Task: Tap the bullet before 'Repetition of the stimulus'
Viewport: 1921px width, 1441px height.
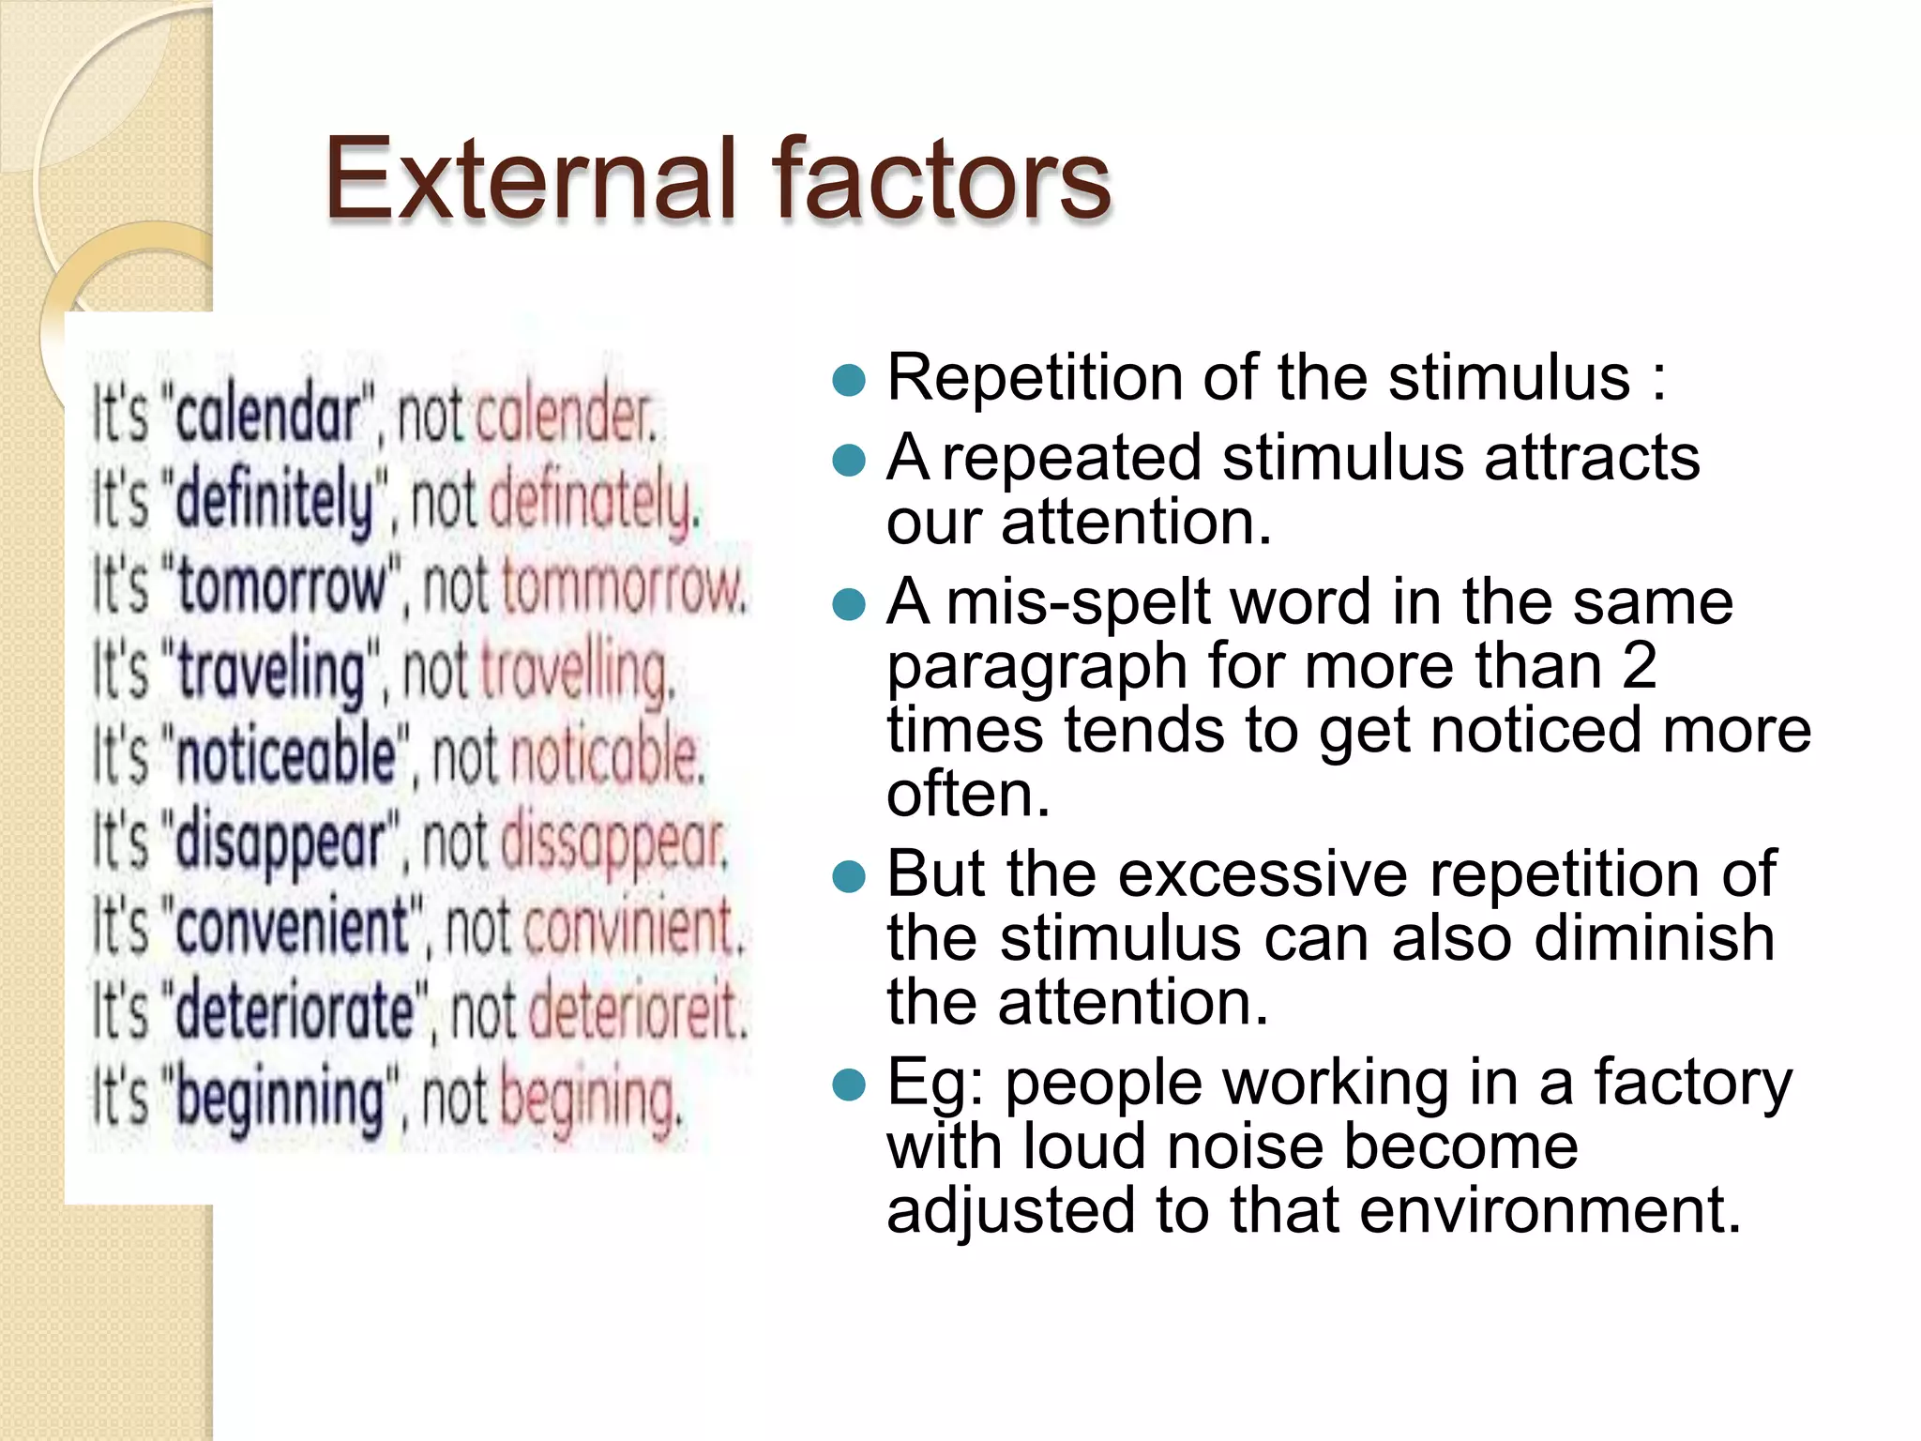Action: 848,380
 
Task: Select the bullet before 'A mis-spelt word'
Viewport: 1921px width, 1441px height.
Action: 848,604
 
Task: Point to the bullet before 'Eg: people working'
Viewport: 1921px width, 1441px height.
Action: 848,1085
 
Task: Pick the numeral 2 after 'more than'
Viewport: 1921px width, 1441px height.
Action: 1639,666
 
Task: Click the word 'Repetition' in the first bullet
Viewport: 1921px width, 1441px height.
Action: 1035,378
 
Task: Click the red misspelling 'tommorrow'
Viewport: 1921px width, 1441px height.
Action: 623,586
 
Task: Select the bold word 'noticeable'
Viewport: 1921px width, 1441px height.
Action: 286,757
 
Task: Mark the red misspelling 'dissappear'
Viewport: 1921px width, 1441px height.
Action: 613,842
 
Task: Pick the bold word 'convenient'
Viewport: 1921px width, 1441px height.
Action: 292,927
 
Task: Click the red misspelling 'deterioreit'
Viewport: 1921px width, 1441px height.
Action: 638,1012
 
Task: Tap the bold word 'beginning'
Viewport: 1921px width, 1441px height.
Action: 280,1098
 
